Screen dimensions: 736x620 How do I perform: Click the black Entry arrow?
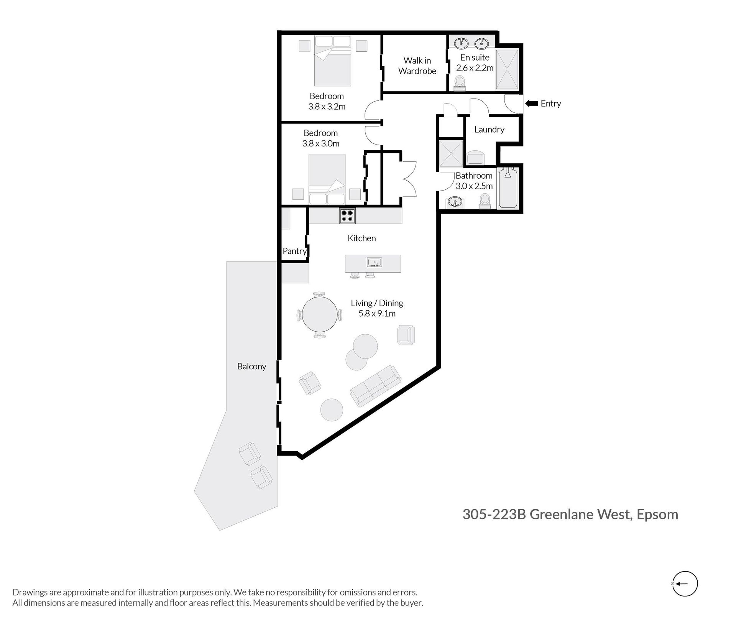[x=531, y=103]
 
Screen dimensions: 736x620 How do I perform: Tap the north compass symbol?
[x=685, y=584]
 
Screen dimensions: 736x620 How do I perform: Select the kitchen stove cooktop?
[x=347, y=215]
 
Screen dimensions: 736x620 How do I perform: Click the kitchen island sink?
[x=374, y=262]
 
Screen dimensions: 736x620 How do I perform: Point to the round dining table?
[x=320, y=315]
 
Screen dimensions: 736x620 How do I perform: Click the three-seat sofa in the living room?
[x=376, y=386]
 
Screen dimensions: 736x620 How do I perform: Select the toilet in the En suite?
[x=460, y=83]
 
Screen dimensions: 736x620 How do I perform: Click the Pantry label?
[x=294, y=251]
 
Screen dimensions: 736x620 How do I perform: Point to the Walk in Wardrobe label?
[x=417, y=66]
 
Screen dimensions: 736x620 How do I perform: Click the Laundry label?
[x=489, y=130]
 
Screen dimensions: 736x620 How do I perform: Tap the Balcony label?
[x=251, y=367]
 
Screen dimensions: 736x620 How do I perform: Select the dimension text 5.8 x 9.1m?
[x=377, y=314]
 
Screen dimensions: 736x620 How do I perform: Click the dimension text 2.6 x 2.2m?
[x=475, y=68]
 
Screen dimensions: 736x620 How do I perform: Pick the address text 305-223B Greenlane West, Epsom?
[x=570, y=514]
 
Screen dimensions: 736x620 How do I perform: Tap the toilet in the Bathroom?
[x=485, y=201]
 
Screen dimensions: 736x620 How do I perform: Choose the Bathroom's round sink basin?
[x=455, y=202]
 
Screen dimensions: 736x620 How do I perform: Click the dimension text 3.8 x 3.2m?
[x=327, y=107]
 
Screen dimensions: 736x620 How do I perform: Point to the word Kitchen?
[x=361, y=238]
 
